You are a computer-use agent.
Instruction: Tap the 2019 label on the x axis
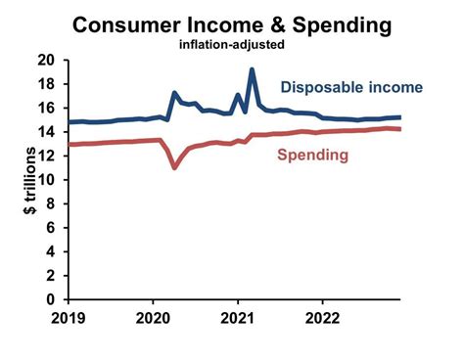[69, 318]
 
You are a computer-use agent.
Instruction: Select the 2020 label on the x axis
[153, 318]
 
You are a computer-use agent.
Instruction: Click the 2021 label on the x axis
[238, 318]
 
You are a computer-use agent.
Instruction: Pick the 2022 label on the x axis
[323, 318]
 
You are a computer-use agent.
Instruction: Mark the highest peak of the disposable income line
[253, 70]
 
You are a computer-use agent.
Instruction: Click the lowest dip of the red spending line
[174, 167]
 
